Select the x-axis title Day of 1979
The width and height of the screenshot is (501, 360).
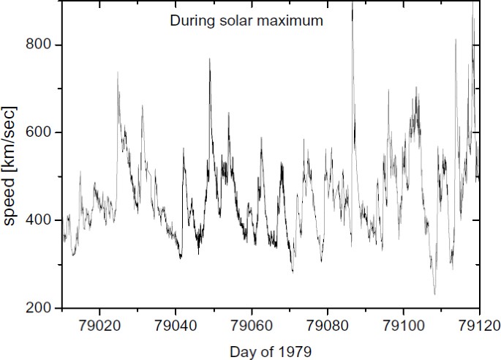pyautogui.click(x=271, y=351)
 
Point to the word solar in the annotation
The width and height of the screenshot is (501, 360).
pyautogui.click(x=233, y=21)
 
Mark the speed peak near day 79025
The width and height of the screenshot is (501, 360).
pyautogui.click(x=118, y=72)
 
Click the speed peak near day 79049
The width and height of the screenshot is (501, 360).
pyautogui.click(x=209, y=59)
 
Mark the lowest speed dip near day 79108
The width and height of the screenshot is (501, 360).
pyautogui.click(x=434, y=294)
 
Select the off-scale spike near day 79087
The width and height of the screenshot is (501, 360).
pyautogui.click(x=353, y=4)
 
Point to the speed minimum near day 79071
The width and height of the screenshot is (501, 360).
pyautogui.click(x=293, y=271)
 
